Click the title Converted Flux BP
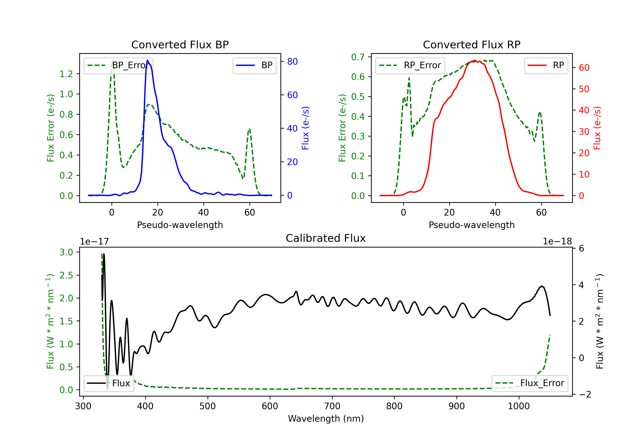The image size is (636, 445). pos(180,44)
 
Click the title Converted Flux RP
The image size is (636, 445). pos(471,44)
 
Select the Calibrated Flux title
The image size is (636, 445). pos(326,238)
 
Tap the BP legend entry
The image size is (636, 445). pos(254,65)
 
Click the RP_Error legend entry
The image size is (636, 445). pos(410,65)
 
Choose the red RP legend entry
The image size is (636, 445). pos(546,65)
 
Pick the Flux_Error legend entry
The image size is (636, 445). pos(530,383)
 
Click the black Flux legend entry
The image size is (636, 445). pos(109,383)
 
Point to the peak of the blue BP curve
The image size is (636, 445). pos(147,60)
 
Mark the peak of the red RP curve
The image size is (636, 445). pos(474,60)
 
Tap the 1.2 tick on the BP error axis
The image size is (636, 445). pos(66,74)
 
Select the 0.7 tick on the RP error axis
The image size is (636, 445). pos(358,57)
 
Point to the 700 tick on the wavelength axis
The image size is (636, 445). pos(332,406)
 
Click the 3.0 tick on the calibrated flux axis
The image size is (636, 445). pos(66,252)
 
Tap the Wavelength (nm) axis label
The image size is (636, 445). pos(326,419)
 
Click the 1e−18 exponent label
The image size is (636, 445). pos(557,242)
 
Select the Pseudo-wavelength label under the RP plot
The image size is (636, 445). pos(471,225)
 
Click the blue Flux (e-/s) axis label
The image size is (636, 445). pos(305,128)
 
